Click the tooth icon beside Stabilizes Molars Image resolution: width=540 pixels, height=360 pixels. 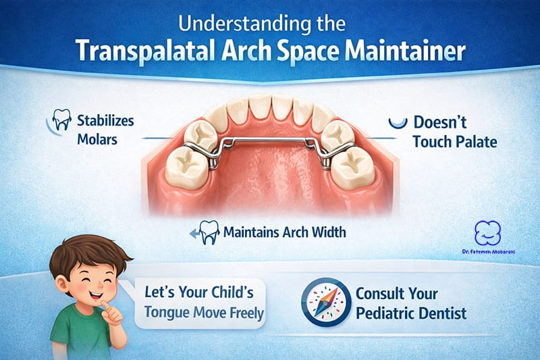pyautogui.click(x=61, y=122)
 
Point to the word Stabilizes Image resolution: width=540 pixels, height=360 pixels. pyautogui.click(x=105, y=121)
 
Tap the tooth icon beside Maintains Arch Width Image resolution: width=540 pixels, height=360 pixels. pyautogui.click(x=209, y=232)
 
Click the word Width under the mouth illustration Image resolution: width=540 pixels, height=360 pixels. pyautogui.click(x=322, y=232)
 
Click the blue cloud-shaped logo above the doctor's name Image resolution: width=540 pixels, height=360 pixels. pyautogui.click(x=489, y=234)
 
